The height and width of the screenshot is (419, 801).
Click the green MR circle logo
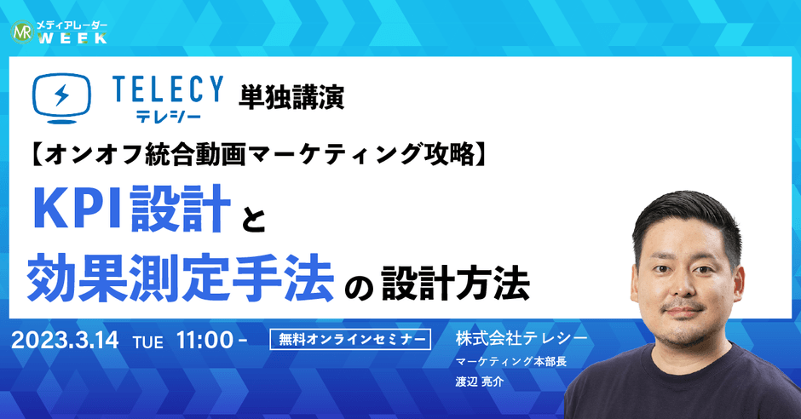[x=22, y=32]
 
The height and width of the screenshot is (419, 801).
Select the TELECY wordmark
[x=167, y=89]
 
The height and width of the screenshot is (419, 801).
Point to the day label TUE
[x=149, y=342]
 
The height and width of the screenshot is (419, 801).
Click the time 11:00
[x=205, y=340]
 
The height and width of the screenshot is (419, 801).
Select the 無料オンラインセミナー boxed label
[x=349, y=340]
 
